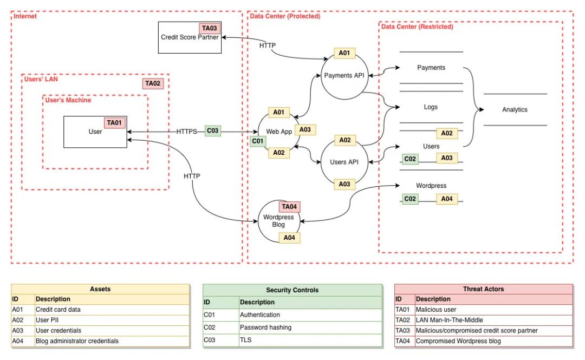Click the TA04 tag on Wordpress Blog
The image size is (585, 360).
pos(289,207)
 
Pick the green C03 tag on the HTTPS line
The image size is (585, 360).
pos(213,130)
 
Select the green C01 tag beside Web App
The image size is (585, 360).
pos(258,141)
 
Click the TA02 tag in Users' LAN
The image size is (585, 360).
pos(153,83)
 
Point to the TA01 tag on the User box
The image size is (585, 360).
pos(114,123)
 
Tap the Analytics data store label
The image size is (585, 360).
pos(515,109)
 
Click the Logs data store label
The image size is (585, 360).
pos(431,107)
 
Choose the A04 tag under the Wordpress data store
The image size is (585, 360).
pos(447,199)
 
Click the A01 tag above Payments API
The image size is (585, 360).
pos(344,53)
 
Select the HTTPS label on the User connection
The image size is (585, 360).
pos(186,132)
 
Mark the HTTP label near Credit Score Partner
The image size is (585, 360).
pos(268,45)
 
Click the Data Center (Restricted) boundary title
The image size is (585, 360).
pos(417,27)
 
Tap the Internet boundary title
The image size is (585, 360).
pos(25,16)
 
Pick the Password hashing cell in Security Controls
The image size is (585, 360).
pos(265,327)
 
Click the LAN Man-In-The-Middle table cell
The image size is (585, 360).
pos(450,320)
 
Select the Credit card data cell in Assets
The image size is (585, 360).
pos(58,309)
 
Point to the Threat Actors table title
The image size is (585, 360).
pos(484,289)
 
